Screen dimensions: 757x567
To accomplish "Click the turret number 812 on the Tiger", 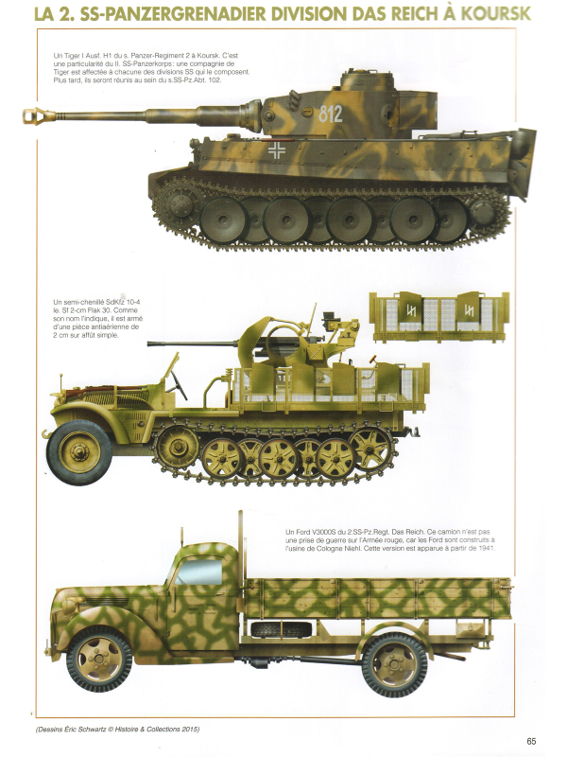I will [331, 114].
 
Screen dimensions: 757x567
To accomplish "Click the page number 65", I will [532, 741].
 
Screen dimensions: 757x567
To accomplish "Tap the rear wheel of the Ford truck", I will [395, 662].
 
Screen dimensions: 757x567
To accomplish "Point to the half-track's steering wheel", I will [175, 384].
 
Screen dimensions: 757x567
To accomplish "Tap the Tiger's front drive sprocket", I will [175, 202].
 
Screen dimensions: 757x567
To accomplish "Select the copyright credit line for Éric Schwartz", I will [117, 729].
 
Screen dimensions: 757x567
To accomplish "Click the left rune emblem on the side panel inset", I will [411, 309].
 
